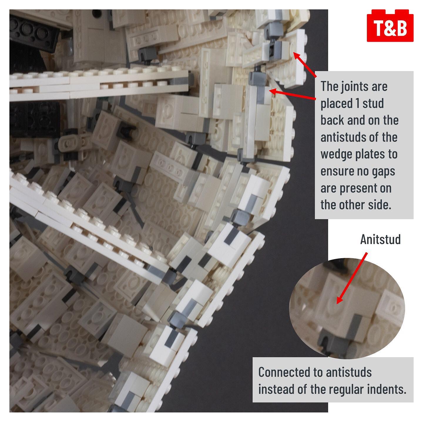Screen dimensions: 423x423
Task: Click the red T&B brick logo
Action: pos(390,26)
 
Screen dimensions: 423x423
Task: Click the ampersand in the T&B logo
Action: pos(390,28)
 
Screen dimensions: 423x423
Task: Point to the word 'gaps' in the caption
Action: pos(383,172)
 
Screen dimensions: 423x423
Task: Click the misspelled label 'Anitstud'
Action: pos(380,239)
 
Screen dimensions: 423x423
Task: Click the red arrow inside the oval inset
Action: pos(352,278)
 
